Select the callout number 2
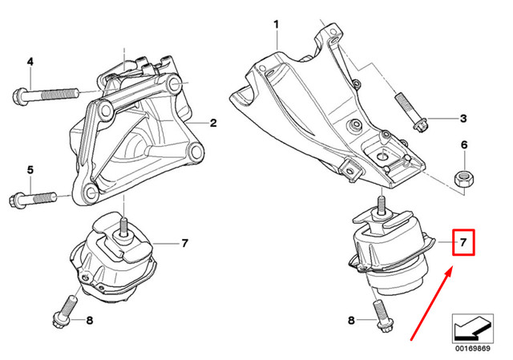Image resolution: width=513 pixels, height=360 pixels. (214, 123)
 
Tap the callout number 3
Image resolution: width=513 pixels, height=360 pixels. (463, 119)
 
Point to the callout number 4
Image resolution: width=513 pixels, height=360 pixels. (30, 62)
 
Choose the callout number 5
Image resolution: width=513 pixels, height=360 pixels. (30, 169)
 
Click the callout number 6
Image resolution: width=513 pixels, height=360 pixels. (463, 145)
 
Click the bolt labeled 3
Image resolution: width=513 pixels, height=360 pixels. (411, 113)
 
